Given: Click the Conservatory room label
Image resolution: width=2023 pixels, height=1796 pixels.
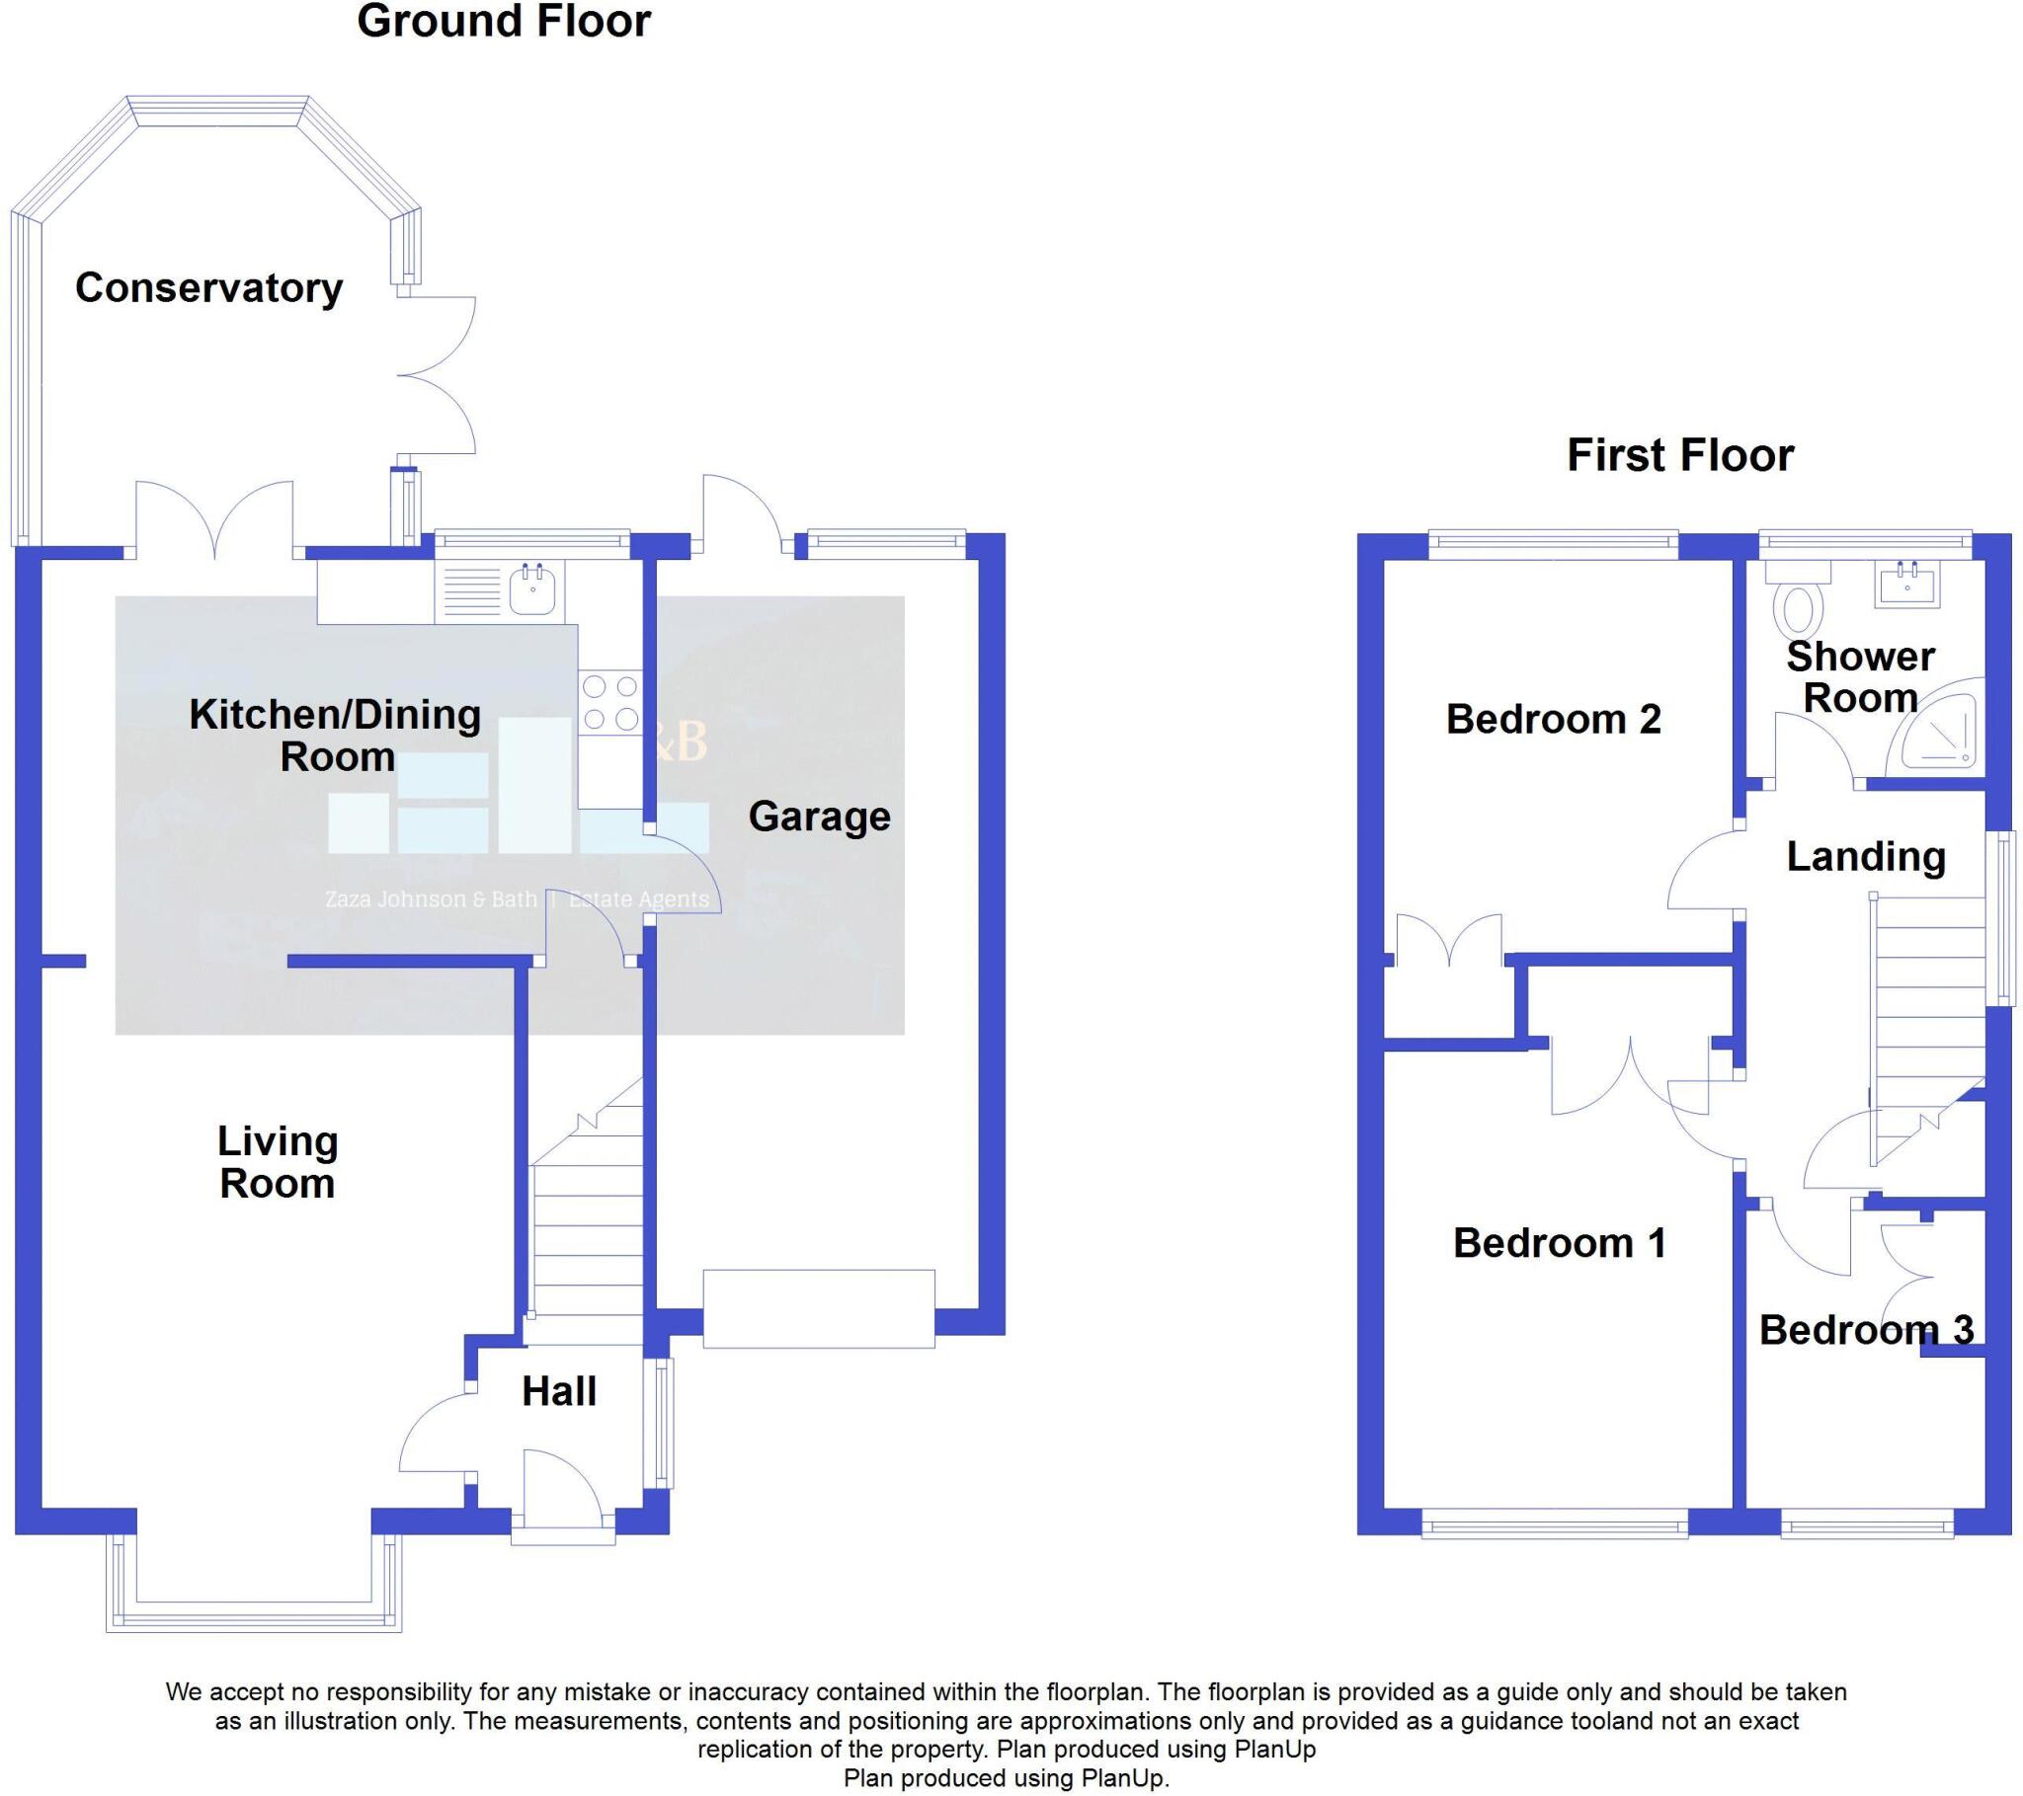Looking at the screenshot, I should [x=208, y=288].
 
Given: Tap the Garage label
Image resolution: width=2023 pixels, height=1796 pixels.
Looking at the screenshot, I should [x=820, y=817].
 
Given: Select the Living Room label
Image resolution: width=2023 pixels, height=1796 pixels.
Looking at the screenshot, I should [x=278, y=1163].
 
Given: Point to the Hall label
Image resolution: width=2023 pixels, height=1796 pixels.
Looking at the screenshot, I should [x=559, y=1391].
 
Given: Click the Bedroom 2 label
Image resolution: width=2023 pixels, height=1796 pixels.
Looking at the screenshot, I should [x=1553, y=720].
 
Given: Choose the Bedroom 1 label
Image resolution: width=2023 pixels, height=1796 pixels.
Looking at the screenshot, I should [x=1559, y=1243].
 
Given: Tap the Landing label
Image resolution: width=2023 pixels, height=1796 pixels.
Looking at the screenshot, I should [x=1866, y=857].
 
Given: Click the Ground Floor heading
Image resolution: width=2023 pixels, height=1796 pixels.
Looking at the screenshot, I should [x=504, y=22].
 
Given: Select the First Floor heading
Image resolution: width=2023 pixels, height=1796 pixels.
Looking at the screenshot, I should [x=1679, y=456].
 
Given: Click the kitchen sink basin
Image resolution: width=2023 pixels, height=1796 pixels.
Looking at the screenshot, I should [x=534, y=590].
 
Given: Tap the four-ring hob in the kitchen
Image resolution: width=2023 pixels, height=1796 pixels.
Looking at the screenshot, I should [x=609, y=703].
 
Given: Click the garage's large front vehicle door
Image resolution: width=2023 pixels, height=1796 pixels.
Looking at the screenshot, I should [x=819, y=1308].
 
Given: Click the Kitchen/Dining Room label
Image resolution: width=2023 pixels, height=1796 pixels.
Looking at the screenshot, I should [x=336, y=736].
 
